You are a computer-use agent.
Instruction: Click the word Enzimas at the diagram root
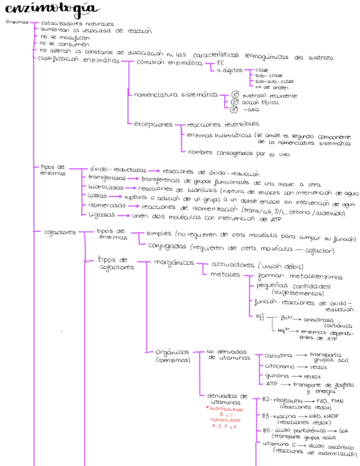tap(16, 23)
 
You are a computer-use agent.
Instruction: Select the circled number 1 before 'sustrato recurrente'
tap(235, 95)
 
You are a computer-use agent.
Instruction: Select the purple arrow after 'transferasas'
tap(134, 178)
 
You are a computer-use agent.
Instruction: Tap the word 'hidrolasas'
tap(106, 187)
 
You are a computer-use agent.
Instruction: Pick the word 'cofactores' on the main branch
tap(60, 232)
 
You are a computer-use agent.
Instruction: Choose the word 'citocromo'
tap(279, 366)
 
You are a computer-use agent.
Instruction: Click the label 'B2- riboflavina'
tap(280, 401)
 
